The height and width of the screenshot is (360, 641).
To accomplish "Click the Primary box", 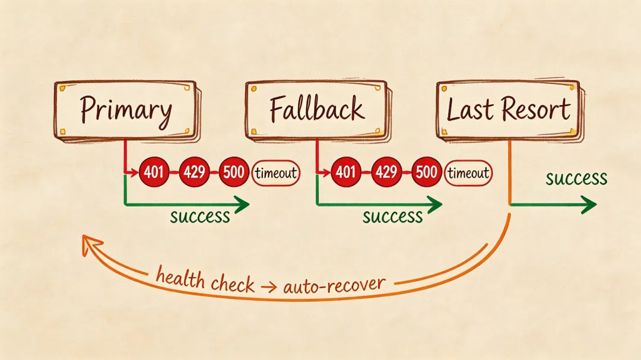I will [125, 110].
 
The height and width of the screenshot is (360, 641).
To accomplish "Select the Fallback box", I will [316, 110].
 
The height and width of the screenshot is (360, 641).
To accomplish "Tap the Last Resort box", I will [508, 110].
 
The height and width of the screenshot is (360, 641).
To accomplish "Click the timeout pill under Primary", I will [276, 173].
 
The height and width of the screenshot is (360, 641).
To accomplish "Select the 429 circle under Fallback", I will [386, 173].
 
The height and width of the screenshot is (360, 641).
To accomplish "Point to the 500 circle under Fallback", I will [426, 173].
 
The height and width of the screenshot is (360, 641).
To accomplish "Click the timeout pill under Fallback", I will [469, 173].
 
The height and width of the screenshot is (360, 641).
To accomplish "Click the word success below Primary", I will [200, 216].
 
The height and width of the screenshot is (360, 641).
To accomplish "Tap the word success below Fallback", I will [392, 216].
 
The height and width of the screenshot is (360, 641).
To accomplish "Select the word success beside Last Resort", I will [576, 178].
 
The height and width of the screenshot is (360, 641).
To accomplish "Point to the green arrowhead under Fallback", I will [435, 205].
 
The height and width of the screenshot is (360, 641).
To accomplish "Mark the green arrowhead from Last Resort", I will [589, 205].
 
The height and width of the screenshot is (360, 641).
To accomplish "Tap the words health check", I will [205, 279].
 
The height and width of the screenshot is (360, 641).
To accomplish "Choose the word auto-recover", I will [334, 285].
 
